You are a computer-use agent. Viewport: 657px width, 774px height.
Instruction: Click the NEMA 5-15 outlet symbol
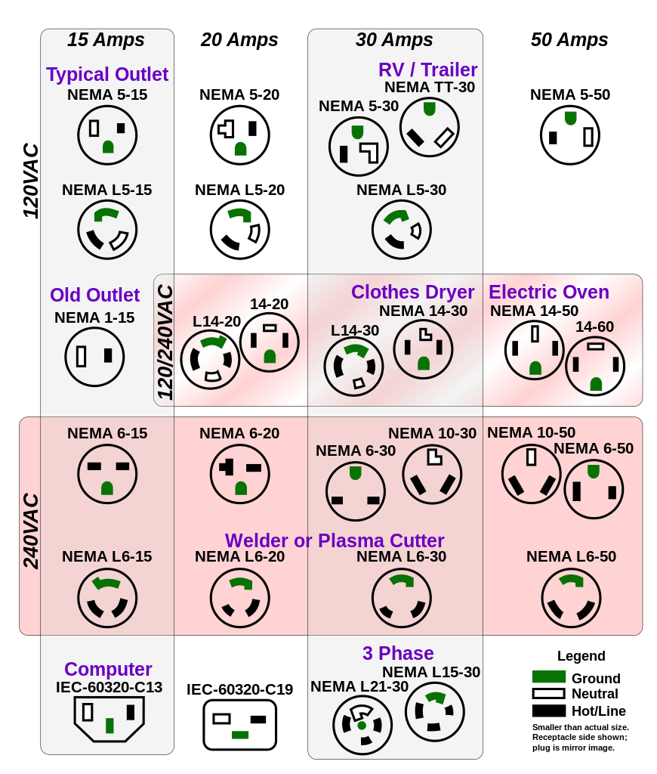(x=107, y=135)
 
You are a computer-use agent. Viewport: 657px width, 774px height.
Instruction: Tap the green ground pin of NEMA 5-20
(x=240, y=149)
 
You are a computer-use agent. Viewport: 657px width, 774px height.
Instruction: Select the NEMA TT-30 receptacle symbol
(x=429, y=127)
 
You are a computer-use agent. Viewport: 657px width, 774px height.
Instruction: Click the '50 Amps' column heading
(x=569, y=39)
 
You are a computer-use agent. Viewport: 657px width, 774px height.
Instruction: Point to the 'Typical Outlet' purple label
(x=107, y=74)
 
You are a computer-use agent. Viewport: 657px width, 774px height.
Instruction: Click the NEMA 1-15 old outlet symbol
(x=94, y=357)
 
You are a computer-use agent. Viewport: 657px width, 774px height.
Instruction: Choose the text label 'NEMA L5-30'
(x=401, y=190)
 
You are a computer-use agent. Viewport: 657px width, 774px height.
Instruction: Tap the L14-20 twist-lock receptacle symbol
(x=210, y=359)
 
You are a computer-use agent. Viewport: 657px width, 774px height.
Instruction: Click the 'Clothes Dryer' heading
(x=412, y=292)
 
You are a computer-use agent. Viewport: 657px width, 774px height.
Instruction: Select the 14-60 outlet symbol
(x=595, y=366)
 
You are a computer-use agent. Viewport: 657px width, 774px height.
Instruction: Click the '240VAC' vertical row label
(x=30, y=531)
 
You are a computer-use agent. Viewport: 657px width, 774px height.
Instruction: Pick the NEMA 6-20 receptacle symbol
(x=239, y=474)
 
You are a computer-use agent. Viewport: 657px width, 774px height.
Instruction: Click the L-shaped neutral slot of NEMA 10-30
(x=434, y=456)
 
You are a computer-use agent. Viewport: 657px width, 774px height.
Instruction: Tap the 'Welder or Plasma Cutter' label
(x=335, y=540)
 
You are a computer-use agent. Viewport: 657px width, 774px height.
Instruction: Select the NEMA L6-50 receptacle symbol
(x=571, y=598)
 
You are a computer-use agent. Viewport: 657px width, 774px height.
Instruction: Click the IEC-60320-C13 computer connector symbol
(x=109, y=719)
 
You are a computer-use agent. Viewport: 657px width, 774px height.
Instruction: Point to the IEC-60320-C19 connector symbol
(x=239, y=725)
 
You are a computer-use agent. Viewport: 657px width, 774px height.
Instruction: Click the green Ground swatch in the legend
(x=548, y=676)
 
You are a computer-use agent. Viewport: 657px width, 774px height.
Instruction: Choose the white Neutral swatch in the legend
(x=548, y=694)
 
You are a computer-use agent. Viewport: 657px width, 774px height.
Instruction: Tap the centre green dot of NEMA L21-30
(x=362, y=725)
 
